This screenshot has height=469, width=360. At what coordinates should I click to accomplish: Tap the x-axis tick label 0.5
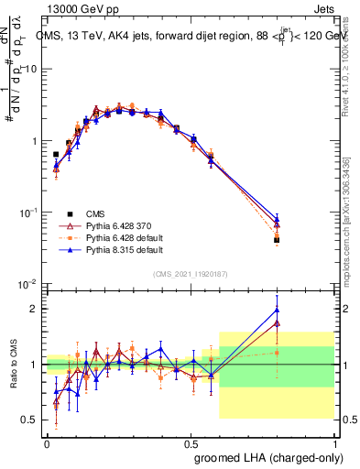[x=191, y=442]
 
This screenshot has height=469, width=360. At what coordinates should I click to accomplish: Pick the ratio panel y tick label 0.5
[x=28, y=420]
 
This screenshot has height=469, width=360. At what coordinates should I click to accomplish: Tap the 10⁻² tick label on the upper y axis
[x=27, y=284]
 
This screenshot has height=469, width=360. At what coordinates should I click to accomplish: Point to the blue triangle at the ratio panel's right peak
[x=277, y=310]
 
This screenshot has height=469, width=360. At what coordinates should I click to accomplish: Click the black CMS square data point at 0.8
[x=277, y=240]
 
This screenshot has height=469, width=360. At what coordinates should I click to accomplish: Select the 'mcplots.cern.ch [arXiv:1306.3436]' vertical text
[x=353, y=211]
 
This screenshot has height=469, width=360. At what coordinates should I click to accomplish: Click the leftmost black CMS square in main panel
[x=56, y=155]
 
